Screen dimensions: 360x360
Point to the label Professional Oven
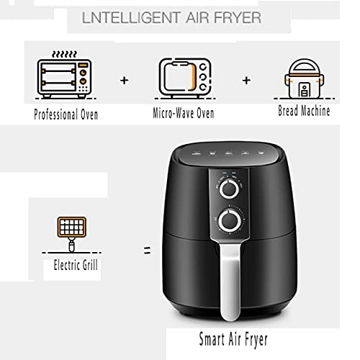click(x=66, y=114)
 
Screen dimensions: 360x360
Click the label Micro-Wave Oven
click(x=183, y=114)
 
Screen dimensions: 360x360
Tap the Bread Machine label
click(x=304, y=112)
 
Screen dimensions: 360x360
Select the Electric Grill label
click(x=76, y=265)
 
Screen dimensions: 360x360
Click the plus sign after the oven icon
click(x=125, y=80)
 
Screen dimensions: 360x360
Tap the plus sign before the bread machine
click(x=246, y=79)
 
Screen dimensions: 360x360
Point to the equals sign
click(x=146, y=251)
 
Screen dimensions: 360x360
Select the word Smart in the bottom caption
click(x=214, y=338)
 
